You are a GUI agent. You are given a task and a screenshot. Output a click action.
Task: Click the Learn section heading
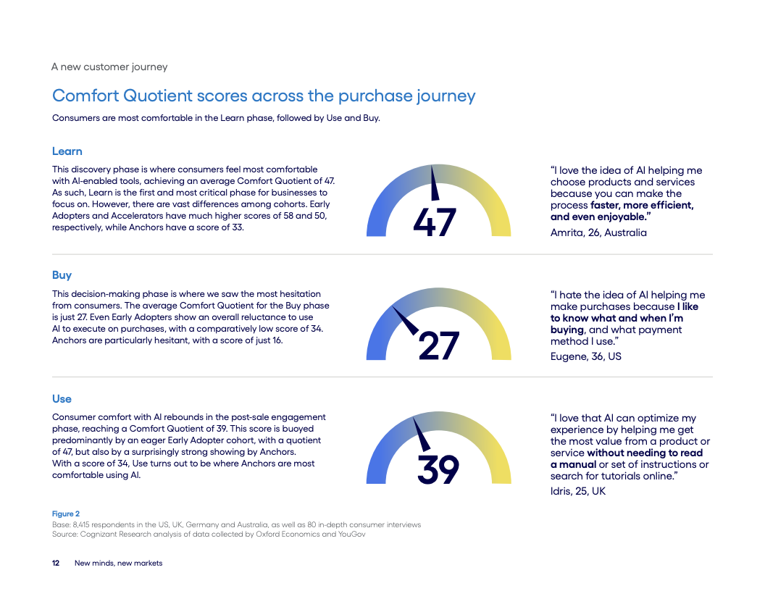67,151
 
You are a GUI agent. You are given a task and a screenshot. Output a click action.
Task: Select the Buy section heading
62,275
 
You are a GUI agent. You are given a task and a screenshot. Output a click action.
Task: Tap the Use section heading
62,399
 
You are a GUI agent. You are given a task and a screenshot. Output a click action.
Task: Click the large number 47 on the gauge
435,222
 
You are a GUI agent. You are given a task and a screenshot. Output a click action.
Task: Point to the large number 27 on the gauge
438,346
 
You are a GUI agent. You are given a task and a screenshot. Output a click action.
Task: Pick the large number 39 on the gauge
438,470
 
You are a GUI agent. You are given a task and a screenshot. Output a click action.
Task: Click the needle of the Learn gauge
435,183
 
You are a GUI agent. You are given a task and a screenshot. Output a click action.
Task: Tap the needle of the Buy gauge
405,319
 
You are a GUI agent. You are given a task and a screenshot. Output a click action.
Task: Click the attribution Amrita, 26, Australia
598,232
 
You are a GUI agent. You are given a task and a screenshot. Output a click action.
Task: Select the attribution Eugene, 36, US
586,356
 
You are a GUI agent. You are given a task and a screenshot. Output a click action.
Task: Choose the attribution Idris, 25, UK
577,491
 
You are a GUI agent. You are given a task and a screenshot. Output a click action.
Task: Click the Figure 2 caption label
66,514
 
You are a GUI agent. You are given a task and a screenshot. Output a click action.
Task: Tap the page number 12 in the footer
56,563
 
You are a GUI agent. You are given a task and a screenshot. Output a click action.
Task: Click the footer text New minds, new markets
119,563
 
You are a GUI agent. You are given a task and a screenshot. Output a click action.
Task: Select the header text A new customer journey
109,67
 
